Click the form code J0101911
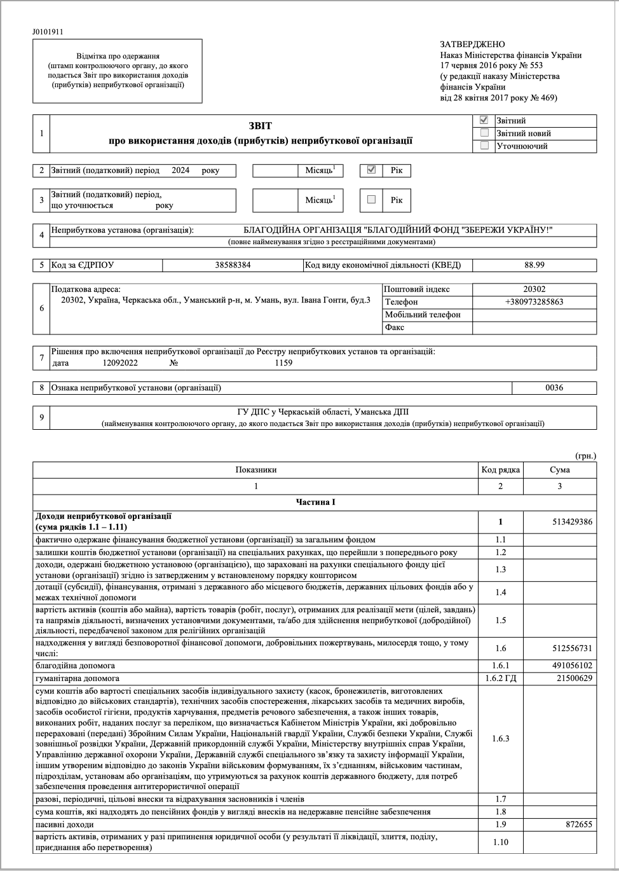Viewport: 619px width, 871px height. (48, 32)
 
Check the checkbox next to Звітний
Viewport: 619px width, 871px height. (485, 120)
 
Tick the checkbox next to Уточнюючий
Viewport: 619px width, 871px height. (485, 146)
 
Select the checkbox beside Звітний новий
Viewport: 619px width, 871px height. (485, 133)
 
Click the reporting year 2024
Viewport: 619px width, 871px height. (180, 170)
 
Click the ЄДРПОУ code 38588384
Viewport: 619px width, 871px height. (233, 265)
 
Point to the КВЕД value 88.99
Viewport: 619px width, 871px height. (534, 265)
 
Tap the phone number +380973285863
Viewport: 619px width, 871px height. (534, 302)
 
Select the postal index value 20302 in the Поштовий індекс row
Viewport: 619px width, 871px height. (534, 289)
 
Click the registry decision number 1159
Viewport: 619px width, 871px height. (283, 363)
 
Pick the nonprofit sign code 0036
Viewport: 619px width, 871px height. (554, 387)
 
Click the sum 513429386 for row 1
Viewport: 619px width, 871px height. (573, 522)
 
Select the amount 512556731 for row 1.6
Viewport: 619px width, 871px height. (573, 648)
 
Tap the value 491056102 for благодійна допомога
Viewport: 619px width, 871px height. (573, 666)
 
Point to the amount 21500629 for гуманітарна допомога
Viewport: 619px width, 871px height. (575, 678)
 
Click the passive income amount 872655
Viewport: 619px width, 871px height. (579, 825)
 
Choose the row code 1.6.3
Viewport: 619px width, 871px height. (501, 739)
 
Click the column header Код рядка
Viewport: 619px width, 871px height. (501, 470)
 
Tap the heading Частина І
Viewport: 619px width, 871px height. (315, 502)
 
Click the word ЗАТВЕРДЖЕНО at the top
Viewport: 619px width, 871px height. (472, 45)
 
